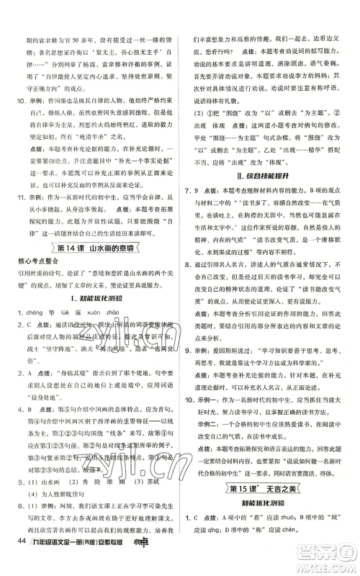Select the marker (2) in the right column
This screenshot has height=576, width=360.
[x=194, y=114]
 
